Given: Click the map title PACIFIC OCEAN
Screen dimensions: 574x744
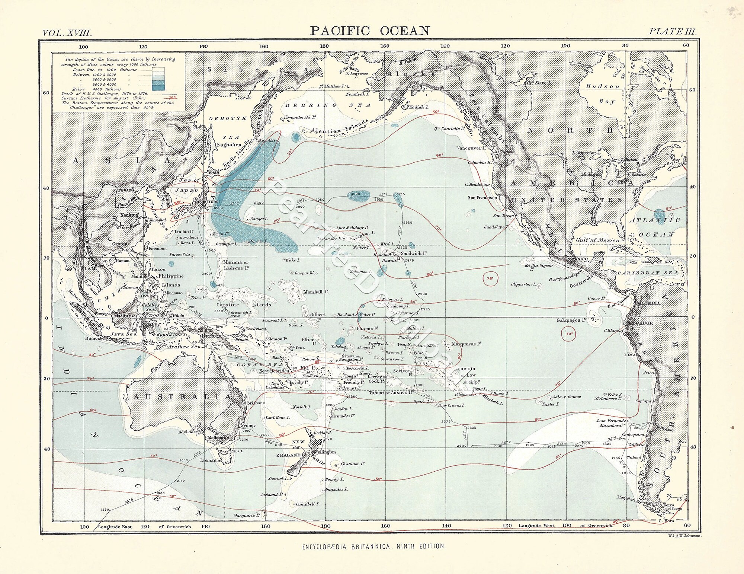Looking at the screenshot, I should (x=370, y=31).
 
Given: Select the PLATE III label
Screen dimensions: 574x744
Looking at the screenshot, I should (x=672, y=31).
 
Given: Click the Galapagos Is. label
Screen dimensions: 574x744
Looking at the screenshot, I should (x=571, y=320).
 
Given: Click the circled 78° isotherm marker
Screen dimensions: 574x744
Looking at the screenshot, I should (x=490, y=278).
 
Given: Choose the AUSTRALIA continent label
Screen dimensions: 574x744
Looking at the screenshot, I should (x=182, y=397).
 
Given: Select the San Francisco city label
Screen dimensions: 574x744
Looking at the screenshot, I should (x=482, y=198).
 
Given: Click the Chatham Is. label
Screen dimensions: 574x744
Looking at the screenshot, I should (x=352, y=464).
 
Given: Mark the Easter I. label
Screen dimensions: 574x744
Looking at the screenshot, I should (x=551, y=404).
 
